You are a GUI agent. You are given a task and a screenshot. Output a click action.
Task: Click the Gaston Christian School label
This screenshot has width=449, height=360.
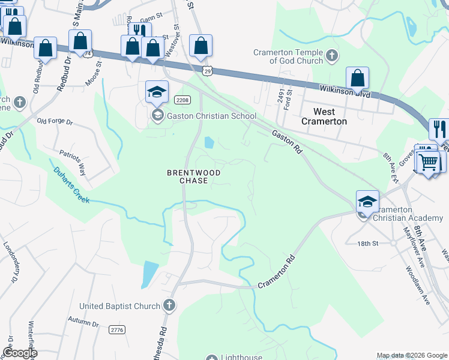coord(211,116)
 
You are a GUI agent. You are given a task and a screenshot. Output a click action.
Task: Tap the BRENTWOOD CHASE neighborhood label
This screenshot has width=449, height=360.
coord(193,176)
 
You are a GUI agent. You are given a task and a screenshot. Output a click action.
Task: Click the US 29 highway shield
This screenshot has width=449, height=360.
coord(206,71)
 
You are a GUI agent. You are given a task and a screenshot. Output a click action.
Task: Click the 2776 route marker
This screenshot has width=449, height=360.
coord(117,329)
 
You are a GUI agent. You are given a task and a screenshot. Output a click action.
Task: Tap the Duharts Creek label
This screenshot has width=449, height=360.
coord(71,185)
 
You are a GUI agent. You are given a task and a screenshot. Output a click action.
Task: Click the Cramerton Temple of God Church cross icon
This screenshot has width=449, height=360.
coord(332,57)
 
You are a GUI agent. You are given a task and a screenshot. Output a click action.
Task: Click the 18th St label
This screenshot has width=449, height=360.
coord(367,244)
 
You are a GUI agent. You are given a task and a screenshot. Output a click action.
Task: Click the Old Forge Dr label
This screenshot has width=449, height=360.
coord(54,122)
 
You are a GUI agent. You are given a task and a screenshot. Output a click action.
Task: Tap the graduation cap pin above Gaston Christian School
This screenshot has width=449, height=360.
coord(157,91)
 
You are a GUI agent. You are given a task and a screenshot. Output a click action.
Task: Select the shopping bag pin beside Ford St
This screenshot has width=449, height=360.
coord(357,77)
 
